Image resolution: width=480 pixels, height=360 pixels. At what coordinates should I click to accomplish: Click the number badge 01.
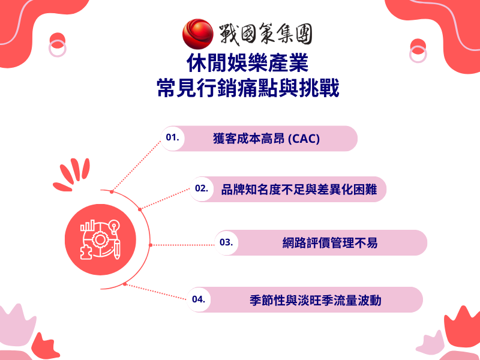tap(173, 138)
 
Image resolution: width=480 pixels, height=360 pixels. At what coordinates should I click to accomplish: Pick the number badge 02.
tap(202, 188)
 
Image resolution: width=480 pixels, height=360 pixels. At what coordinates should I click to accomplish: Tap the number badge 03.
tap(226, 242)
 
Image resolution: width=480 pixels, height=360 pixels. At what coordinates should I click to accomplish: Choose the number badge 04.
tap(199, 299)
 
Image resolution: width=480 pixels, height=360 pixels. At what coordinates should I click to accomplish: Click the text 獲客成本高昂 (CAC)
tap(266, 139)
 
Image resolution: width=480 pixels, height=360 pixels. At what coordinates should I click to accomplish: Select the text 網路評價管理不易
tap(330, 243)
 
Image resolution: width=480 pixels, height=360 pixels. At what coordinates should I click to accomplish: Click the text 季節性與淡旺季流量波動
tap(315, 299)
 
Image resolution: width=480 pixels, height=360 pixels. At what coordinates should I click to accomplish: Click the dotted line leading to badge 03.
tap(182, 244)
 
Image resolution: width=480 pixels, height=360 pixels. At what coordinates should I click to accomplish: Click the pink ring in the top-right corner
tap(418, 53)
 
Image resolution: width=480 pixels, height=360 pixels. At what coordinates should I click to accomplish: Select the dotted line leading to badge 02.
tap(164, 199)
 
